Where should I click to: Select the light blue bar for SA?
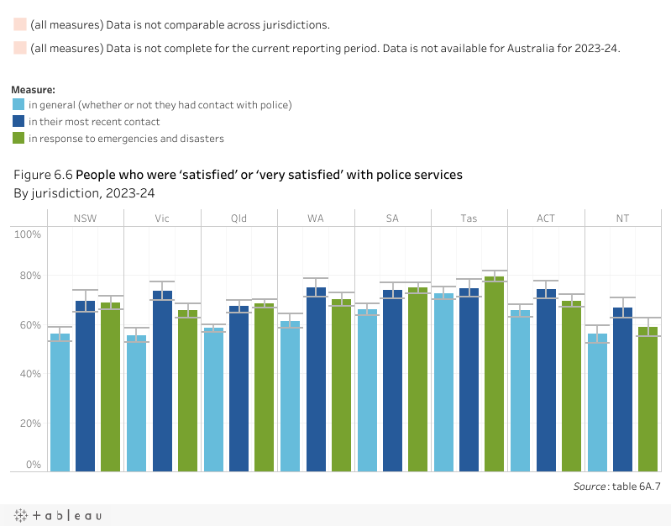pyautogui.click(x=367, y=390)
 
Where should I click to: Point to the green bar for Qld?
pyautogui.click(x=265, y=387)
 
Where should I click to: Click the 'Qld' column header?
pyautogui.click(x=239, y=218)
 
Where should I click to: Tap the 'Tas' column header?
pyautogui.click(x=469, y=218)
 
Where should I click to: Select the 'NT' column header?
pyautogui.click(x=622, y=218)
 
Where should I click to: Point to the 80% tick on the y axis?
pyautogui.click(x=29, y=276)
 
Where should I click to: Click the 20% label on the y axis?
pyautogui.click(x=29, y=423)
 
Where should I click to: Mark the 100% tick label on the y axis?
pyautogui.click(x=27, y=234)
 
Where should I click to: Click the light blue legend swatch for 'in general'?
pyautogui.click(x=18, y=105)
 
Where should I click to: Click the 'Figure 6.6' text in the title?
pyautogui.click(x=43, y=175)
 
